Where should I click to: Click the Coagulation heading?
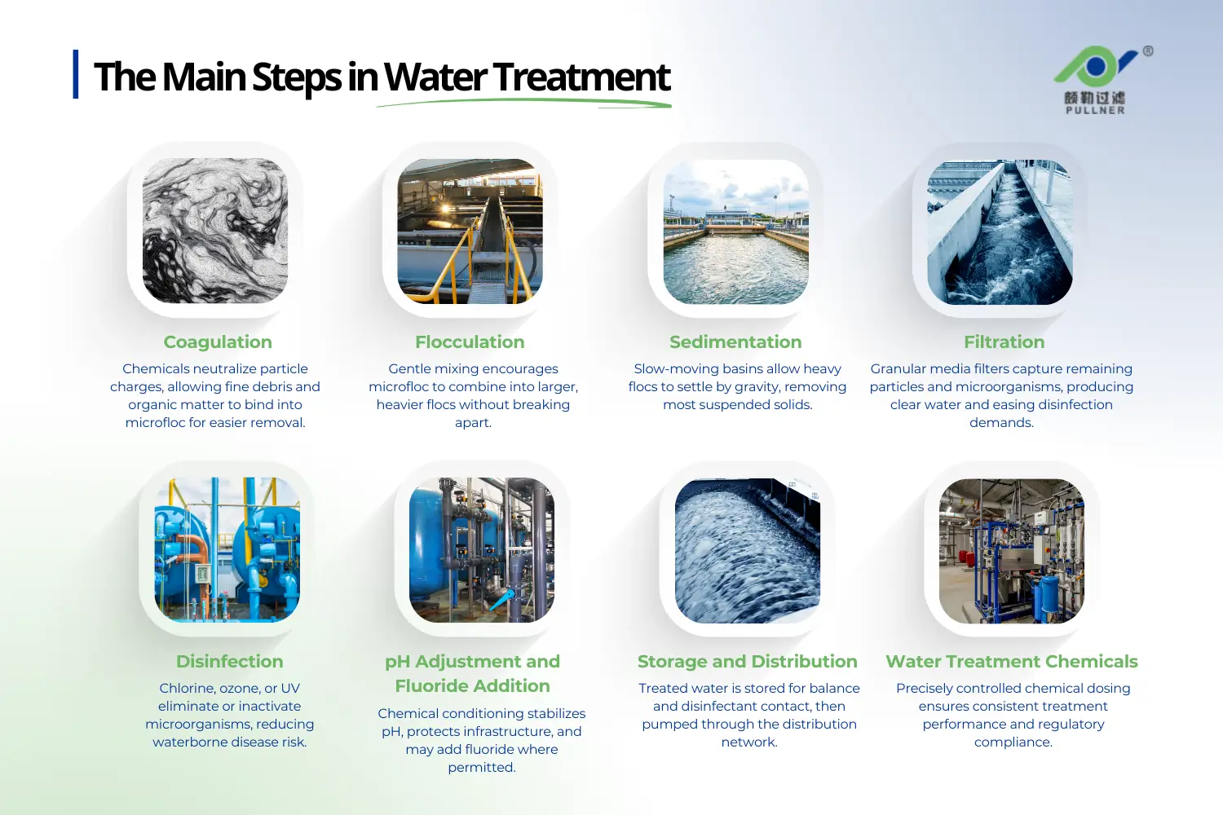[218, 342]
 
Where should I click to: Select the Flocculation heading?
[470, 342]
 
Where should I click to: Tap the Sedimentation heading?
[735, 342]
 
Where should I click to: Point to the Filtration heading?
[1004, 342]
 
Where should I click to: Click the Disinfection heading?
[230, 662]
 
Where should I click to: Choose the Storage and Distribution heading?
[747, 662]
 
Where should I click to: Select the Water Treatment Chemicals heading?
[1012, 662]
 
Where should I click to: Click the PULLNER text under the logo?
[1095, 111]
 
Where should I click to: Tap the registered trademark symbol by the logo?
[1148, 51]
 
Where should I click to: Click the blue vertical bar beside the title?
[76, 74]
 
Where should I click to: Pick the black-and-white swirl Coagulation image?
[215, 231]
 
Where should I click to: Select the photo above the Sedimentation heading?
[735, 231]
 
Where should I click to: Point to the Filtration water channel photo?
[1000, 231]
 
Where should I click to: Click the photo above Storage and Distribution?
[747, 551]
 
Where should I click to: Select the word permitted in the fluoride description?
[481, 768]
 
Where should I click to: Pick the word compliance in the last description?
[1013, 742]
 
